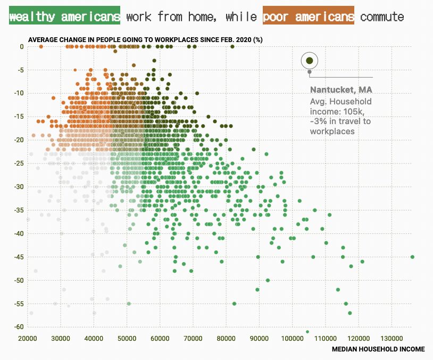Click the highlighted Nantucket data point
pyautogui.click(x=309, y=61)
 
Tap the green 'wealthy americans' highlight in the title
pyautogui.click(x=64, y=17)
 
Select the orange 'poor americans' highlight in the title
pyautogui.click(x=309, y=17)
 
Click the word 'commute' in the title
pyautogui.click(x=382, y=17)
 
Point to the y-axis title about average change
pyautogui.click(x=145, y=40)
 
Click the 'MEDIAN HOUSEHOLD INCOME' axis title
pyautogui.click(x=378, y=349)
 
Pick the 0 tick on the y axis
pyautogui.click(x=22, y=47)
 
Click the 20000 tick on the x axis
pyautogui.click(x=27, y=338)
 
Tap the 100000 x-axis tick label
pyautogui.click(x=292, y=338)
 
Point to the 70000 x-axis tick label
pyautogui.click(x=193, y=338)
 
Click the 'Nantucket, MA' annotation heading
pyautogui.click(x=334, y=89)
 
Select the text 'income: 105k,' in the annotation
pyautogui.click(x=334, y=111)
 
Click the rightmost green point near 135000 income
pyautogui.click(x=412, y=257)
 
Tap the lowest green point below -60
pyautogui.click(x=307, y=332)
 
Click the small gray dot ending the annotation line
pyautogui.click(x=309, y=71)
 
